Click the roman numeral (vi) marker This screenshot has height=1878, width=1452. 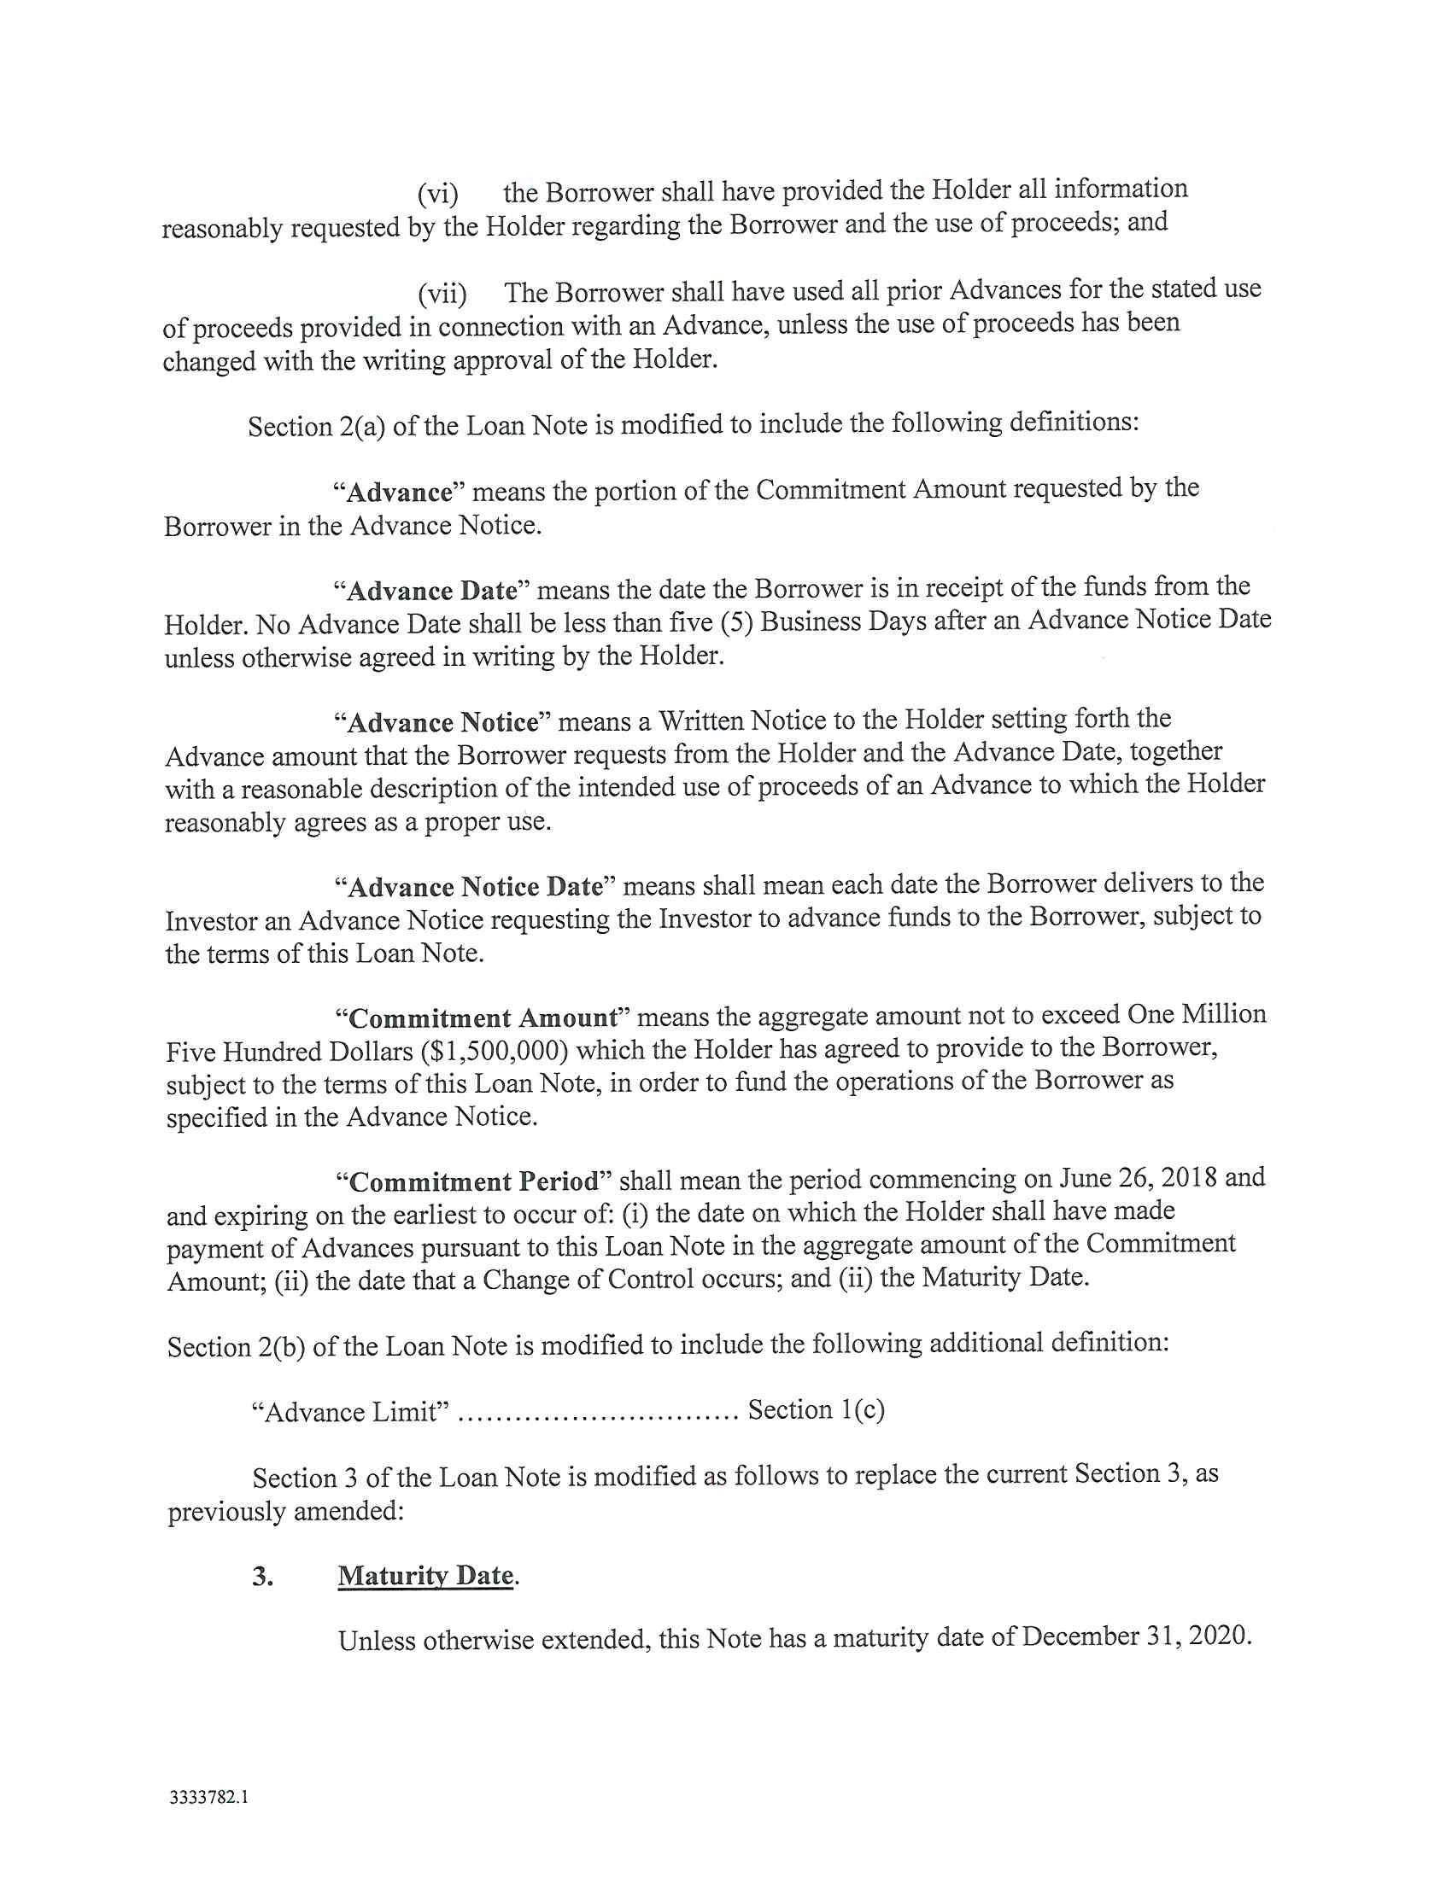click(x=438, y=195)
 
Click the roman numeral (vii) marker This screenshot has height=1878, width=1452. click(x=442, y=295)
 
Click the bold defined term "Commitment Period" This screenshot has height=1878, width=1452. click(x=474, y=1181)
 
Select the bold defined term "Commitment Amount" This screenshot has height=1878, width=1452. click(x=483, y=1019)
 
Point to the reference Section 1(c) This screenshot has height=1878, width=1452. click(x=817, y=1410)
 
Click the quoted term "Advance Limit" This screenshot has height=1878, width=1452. click(x=350, y=1413)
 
